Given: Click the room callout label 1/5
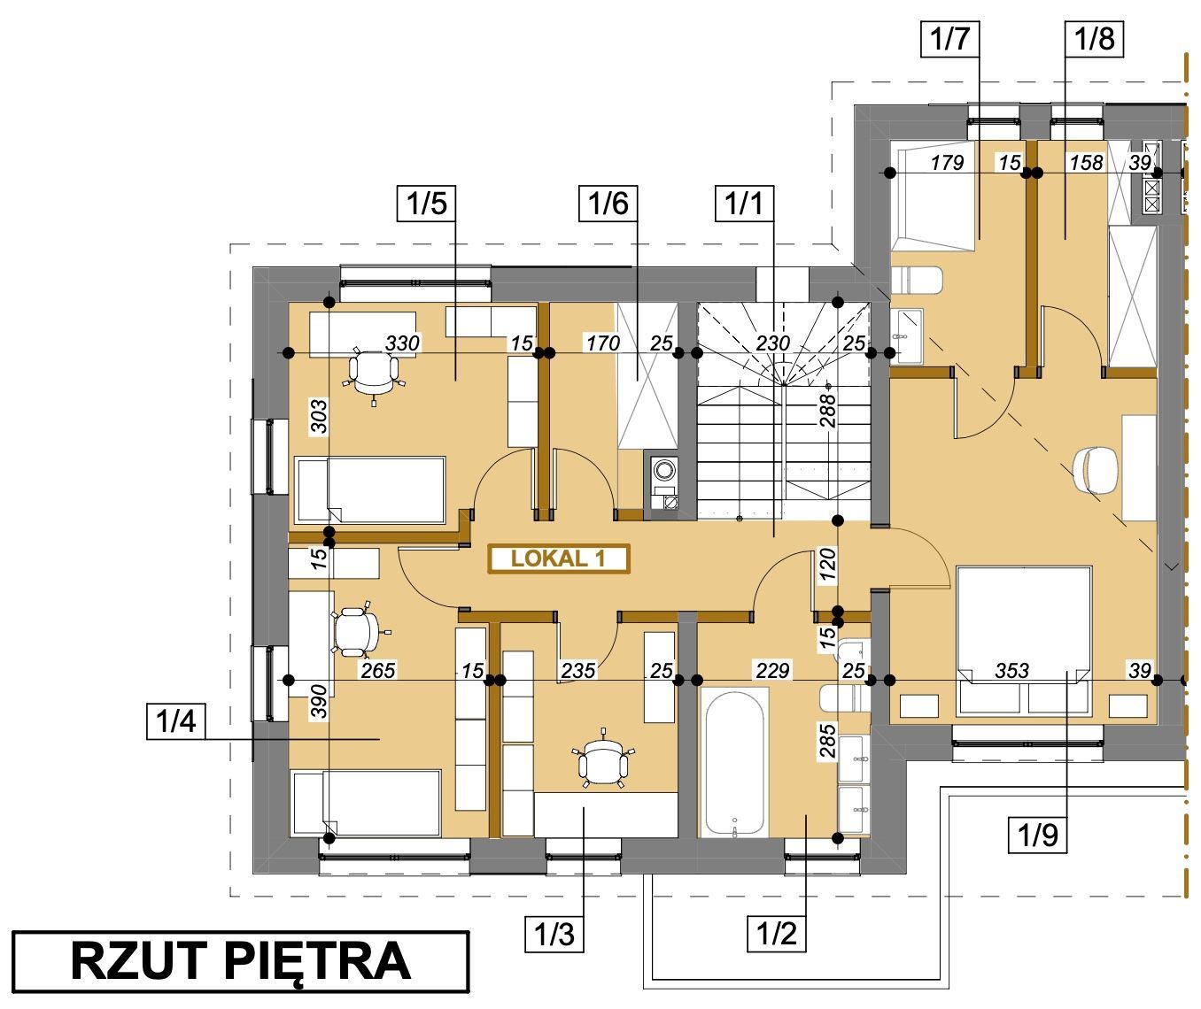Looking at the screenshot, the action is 426,203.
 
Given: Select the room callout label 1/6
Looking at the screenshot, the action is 608,203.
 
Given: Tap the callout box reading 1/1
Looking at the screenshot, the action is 744,203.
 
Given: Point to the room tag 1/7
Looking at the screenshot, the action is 949,39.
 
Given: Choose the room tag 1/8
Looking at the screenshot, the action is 1094,39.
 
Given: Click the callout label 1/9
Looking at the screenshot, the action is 1038,835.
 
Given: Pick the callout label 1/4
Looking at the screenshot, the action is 176,720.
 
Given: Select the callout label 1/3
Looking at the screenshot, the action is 554,935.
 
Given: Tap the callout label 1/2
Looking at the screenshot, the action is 776,935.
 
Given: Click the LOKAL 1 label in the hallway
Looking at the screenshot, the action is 559,558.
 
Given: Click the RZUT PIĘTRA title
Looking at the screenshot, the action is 241,961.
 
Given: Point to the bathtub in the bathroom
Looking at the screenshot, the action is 734,763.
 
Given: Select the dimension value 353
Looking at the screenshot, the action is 1011,670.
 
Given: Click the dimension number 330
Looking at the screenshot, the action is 402,343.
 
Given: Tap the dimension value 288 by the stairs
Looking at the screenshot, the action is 827,410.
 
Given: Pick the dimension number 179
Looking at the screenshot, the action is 948,162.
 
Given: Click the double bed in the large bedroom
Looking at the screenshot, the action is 1024,641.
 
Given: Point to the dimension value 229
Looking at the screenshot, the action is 772,670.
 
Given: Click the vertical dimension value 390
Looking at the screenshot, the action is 318,701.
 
